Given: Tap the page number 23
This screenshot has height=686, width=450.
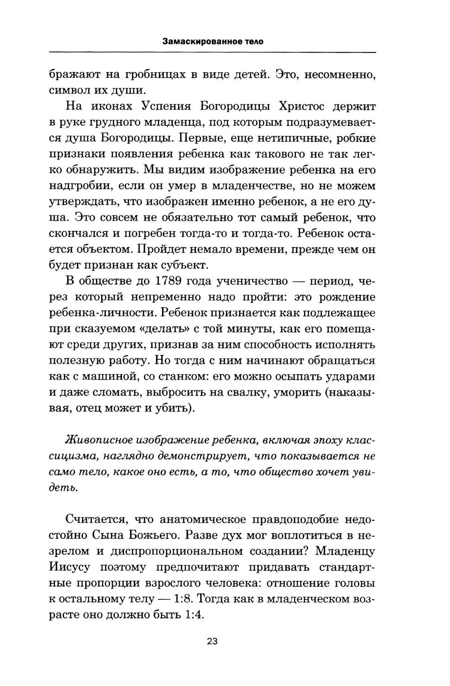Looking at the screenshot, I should (x=212, y=641).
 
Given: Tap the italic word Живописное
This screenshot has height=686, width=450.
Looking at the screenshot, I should (x=95, y=440).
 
